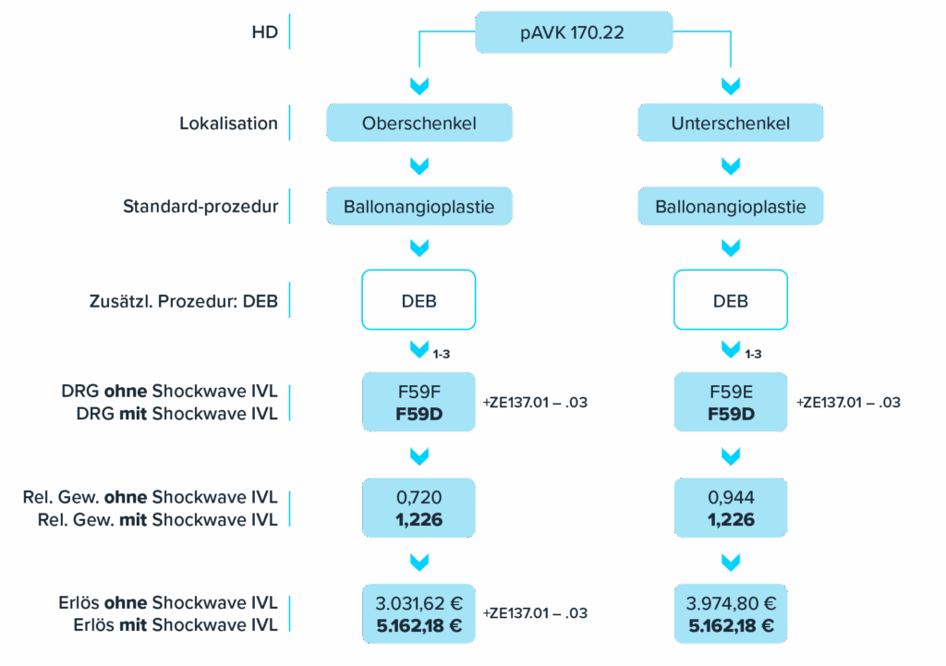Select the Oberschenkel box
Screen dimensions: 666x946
coord(418,123)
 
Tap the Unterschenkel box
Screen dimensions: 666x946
coord(731,123)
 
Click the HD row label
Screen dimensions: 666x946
coord(264,31)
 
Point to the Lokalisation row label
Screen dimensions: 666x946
coord(228,123)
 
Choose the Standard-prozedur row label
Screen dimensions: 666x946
coord(200,206)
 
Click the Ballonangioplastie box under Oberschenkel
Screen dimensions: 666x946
coord(418,206)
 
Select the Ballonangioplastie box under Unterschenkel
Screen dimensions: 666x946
coord(731,206)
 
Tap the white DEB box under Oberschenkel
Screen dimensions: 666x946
coord(418,300)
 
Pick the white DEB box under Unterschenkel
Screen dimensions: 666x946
coord(731,300)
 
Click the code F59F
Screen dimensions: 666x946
coord(418,392)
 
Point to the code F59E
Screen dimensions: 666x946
coord(731,392)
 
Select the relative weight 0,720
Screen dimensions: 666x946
coord(418,498)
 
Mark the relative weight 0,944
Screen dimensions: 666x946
coord(731,498)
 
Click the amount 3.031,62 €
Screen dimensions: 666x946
coord(418,604)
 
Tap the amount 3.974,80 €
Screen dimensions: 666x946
coord(731,604)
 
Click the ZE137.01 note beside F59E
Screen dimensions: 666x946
coord(847,403)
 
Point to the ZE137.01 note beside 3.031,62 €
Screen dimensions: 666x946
coord(535,613)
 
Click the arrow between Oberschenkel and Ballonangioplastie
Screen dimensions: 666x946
coord(418,166)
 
